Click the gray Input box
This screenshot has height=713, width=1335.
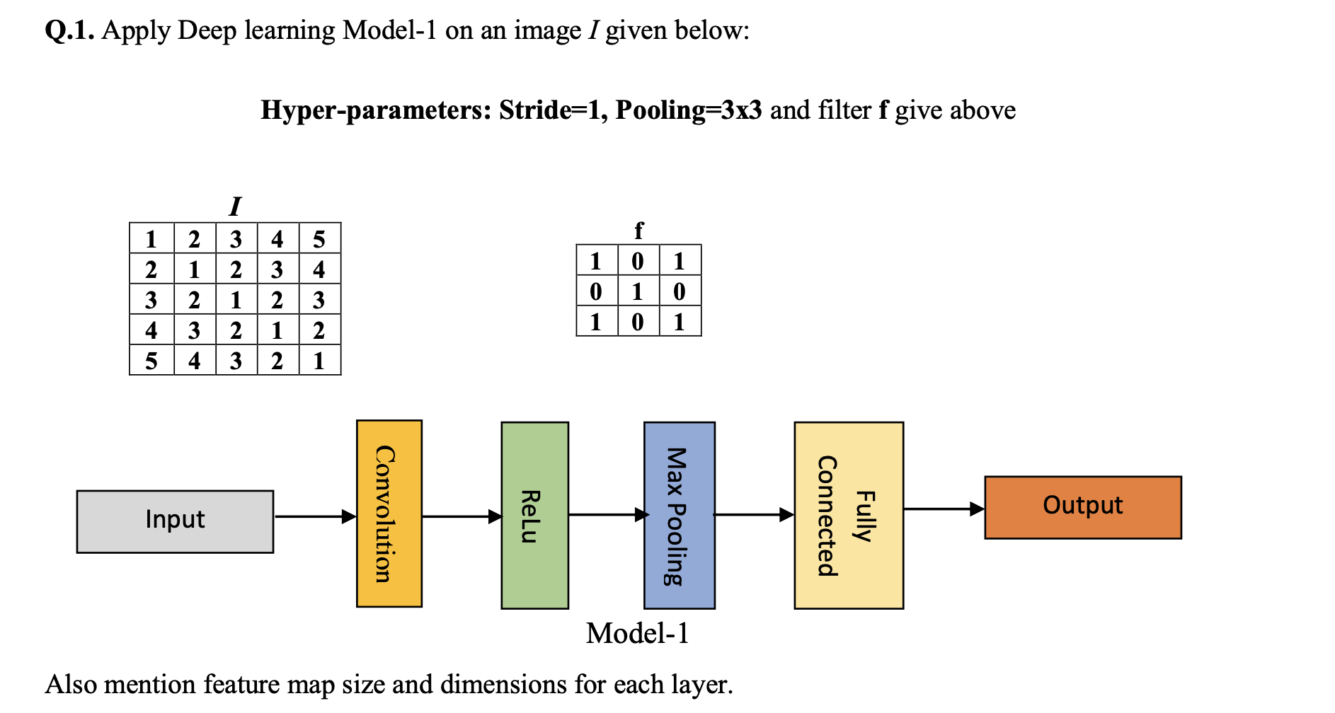pos(175,521)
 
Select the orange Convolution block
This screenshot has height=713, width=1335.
pos(389,514)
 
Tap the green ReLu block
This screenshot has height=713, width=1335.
pos(534,516)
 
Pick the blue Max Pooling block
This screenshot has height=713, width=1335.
pos(679,516)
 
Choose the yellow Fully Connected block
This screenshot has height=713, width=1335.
pos(848,516)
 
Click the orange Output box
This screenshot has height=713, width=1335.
pos(1082,507)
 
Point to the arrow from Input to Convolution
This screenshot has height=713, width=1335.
pos(314,516)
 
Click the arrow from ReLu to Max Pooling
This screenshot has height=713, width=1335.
pos(607,514)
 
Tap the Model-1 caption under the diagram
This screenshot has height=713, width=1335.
pos(637,633)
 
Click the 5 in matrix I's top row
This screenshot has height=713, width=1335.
pos(319,239)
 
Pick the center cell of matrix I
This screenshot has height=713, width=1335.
pos(236,300)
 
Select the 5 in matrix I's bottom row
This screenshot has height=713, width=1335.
pos(151,361)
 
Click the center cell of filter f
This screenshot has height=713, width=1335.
pos(638,291)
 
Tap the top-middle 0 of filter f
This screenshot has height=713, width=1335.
pos(638,261)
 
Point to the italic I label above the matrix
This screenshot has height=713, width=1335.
pos(235,207)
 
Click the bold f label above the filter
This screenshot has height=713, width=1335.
pos(638,230)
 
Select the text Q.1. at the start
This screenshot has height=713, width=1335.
pos(69,30)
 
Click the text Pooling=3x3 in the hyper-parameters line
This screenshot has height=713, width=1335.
pos(688,110)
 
